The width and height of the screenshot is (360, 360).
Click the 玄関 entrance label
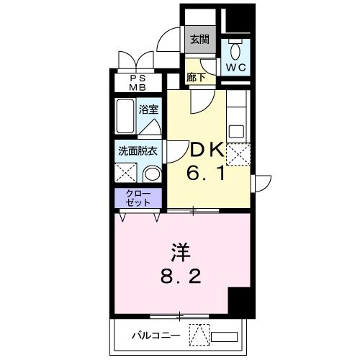[199, 40]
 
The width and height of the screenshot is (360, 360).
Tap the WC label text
[235, 67]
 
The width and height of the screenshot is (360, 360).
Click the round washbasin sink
[151, 174]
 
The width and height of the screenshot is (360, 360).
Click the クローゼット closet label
[139, 198]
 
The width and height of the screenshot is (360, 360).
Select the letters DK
[206, 150]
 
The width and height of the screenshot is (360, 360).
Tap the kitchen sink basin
[236, 130]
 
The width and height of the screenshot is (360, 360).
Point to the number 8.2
[180, 276]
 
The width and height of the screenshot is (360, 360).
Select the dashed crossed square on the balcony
[199, 335]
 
